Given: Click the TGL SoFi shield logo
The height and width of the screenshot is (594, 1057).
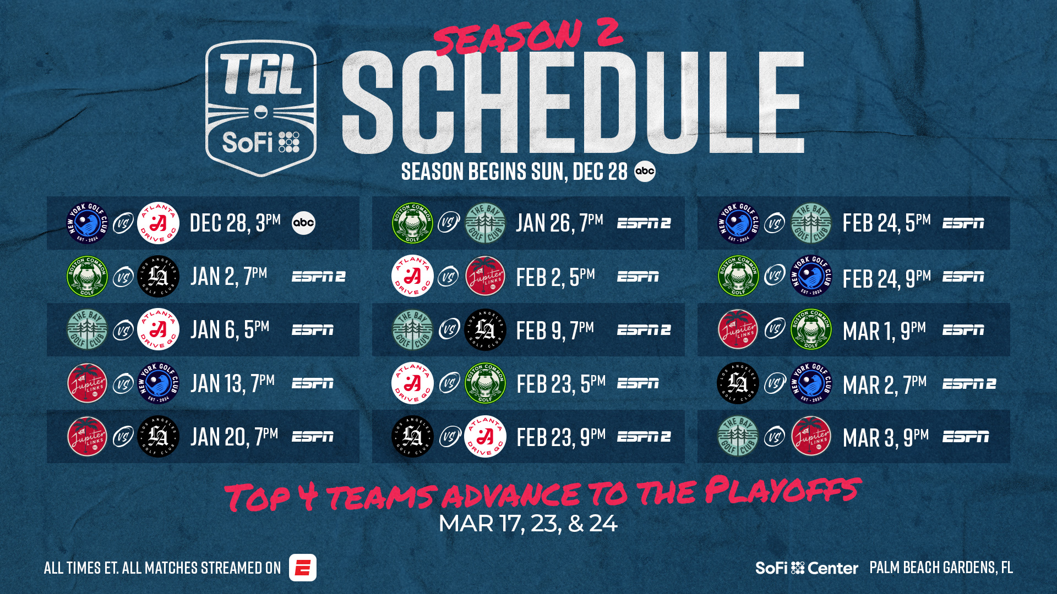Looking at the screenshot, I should click(x=261, y=108).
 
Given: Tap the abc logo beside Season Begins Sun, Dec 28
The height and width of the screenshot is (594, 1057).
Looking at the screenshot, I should click(x=645, y=171).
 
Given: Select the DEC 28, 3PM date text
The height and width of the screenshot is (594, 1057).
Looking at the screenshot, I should click(x=235, y=223).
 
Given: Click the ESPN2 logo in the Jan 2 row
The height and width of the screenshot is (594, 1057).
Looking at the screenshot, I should click(x=319, y=277).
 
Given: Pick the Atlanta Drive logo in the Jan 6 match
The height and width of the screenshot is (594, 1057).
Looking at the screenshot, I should click(x=158, y=330).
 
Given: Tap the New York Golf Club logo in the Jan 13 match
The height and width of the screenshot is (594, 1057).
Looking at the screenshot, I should click(x=158, y=383).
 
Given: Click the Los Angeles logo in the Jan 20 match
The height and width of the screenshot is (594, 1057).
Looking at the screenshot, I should click(x=158, y=437).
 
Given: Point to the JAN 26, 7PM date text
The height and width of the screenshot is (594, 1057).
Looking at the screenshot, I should click(x=559, y=223).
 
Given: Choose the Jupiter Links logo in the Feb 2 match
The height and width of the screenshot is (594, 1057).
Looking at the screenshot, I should click(x=485, y=276).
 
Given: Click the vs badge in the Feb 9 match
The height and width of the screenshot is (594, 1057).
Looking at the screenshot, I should click(x=449, y=330).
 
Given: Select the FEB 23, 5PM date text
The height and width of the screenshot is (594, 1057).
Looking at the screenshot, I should click(x=561, y=383).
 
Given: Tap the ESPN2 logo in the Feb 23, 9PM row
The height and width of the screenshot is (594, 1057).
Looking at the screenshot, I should click(x=644, y=437).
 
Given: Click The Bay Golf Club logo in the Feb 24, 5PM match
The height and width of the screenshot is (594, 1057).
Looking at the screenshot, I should click(x=811, y=223).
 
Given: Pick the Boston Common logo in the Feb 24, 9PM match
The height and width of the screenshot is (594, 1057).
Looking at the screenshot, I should click(x=738, y=276).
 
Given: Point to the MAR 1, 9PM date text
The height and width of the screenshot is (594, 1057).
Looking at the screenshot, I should click(x=884, y=330).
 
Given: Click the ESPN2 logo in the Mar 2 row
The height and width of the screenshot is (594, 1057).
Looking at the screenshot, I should click(x=969, y=383).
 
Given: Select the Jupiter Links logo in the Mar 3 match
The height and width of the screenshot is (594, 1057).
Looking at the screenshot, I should click(x=811, y=437).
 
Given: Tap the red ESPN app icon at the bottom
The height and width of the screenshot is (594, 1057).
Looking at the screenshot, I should click(x=303, y=568).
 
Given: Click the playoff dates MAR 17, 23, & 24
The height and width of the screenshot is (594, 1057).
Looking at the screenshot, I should click(x=528, y=524).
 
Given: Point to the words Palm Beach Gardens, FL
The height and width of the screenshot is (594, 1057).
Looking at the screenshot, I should click(x=941, y=568).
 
